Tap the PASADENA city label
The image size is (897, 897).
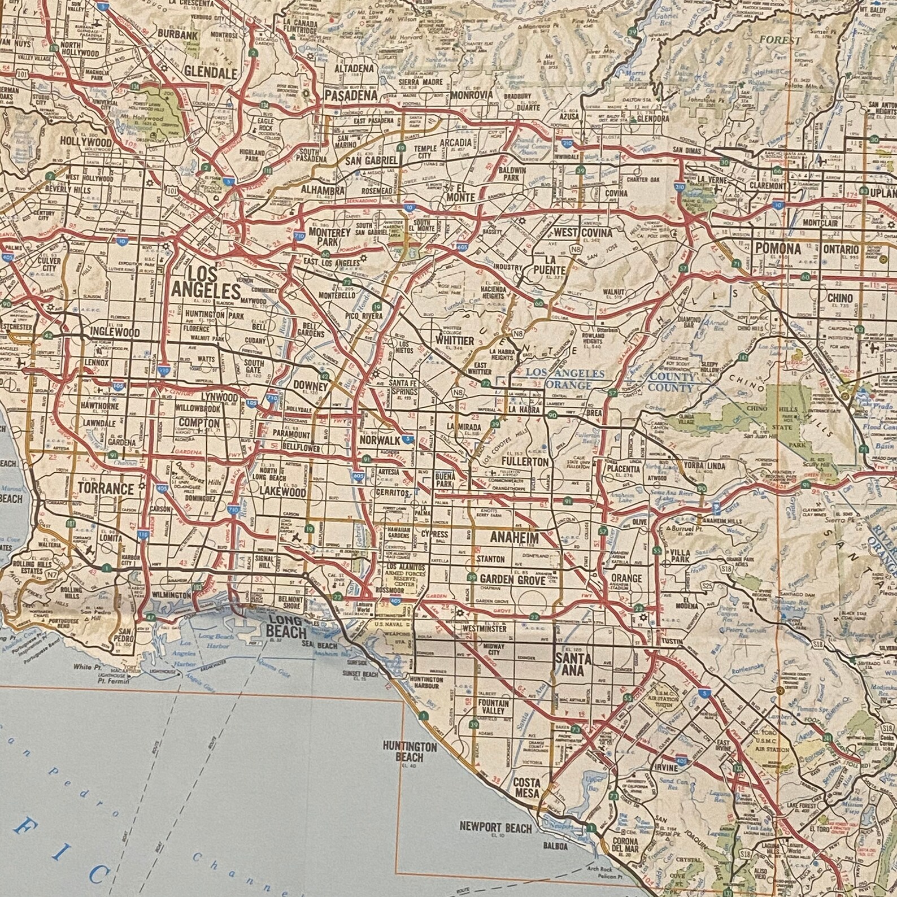(x=350, y=95)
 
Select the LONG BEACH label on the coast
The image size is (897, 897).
(x=286, y=628)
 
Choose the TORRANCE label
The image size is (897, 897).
(x=106, y=488)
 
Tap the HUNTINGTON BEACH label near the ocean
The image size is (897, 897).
(x=410, y=751)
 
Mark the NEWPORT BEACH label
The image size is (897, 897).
(x=496, y=828)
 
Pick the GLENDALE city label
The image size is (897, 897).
(x=210, y=73)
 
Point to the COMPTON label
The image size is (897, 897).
(x=199, y=423)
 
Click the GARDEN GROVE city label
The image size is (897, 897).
(x=512, y=579)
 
